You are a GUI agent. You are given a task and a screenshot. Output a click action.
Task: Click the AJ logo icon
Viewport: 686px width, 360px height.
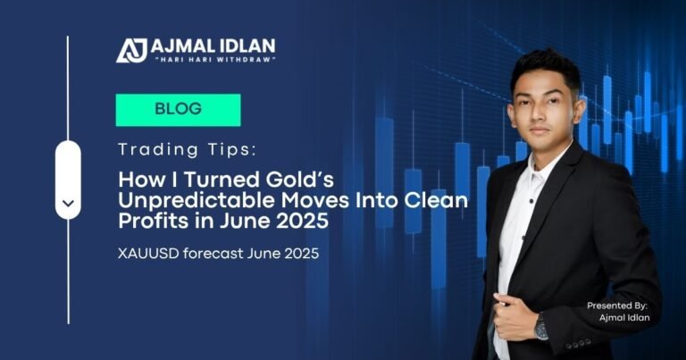click(131, 50)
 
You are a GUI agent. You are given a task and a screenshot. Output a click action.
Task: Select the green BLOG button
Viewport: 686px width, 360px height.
click(178, 110)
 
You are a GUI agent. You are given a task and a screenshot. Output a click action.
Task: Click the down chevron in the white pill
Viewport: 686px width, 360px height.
click(68, 203)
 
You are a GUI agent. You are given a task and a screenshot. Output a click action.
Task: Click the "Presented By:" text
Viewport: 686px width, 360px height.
click(616, 306)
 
